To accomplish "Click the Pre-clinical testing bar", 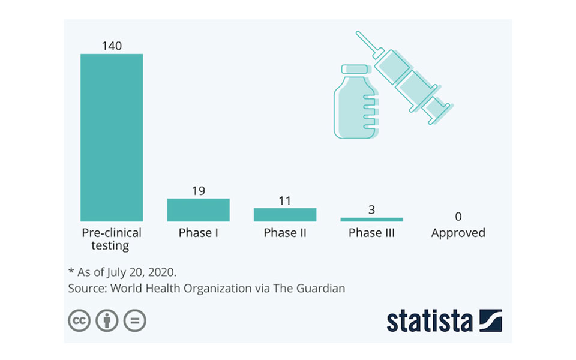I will (112, 137).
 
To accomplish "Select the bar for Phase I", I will (198, 210).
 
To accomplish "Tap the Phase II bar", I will (284, 215).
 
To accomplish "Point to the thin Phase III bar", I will (371, 220).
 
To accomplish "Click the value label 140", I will (112, 46).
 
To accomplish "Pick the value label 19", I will (198, 191).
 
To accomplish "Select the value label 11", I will (284, 200).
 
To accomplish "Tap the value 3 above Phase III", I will (371, 210).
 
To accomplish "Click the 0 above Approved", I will (458, 217).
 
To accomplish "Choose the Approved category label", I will (458, 233).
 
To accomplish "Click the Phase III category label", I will (371, 233).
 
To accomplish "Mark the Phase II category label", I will (284, 233).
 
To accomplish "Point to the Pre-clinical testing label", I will (112, 239).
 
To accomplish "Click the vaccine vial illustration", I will (355, 105).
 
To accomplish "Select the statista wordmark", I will (429, 320).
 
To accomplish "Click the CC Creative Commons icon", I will (79, 320).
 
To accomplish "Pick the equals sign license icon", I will (135, 320).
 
